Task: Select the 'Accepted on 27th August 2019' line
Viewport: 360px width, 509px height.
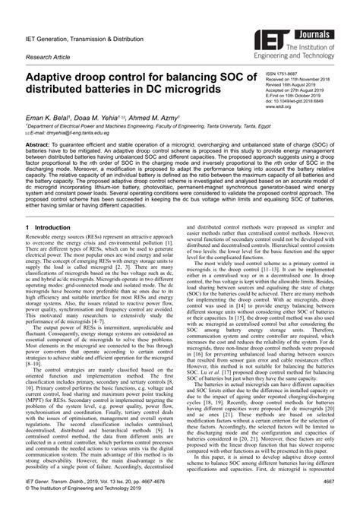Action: click(x=298, y=90)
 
